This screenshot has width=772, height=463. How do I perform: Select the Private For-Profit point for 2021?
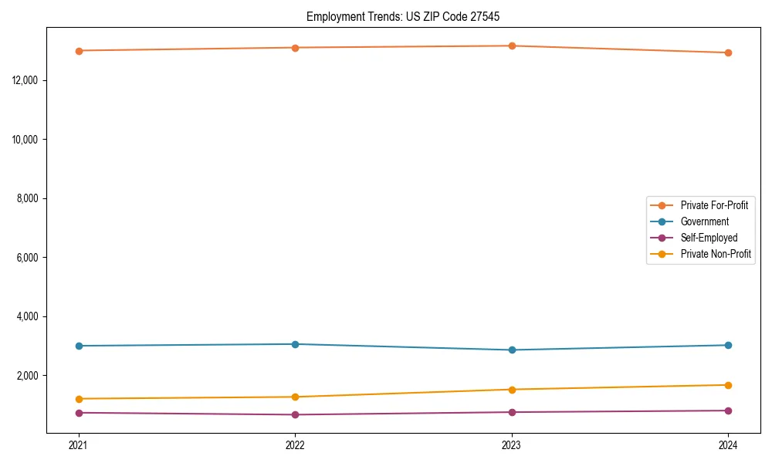tap(79, 51)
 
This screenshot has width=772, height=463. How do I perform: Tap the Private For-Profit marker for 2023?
tap(512, 46)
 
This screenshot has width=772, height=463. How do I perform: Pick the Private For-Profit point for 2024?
tap(728, 52)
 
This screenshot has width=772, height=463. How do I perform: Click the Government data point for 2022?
tap(295, 344)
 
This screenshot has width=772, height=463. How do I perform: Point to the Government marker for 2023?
tap(512, 350)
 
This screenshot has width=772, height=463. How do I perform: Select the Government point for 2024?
tap(728, 345)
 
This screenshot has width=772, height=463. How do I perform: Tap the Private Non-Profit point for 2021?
tap(79, 399)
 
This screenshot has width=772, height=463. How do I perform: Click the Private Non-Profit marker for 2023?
tap(512, 390)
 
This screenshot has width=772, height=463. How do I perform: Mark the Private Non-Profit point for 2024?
tap(728, 385)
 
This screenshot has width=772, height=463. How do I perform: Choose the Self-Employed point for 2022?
tap(295, 415)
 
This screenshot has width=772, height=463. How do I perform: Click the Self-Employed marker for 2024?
tap(728, 411)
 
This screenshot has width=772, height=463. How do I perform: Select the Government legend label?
tap(704, 221)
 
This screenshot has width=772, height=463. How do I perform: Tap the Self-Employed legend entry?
tap(709, 238)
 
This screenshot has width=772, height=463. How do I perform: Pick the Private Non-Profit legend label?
tap(716, 254)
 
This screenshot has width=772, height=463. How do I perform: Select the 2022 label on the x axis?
tap(295, 445)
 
